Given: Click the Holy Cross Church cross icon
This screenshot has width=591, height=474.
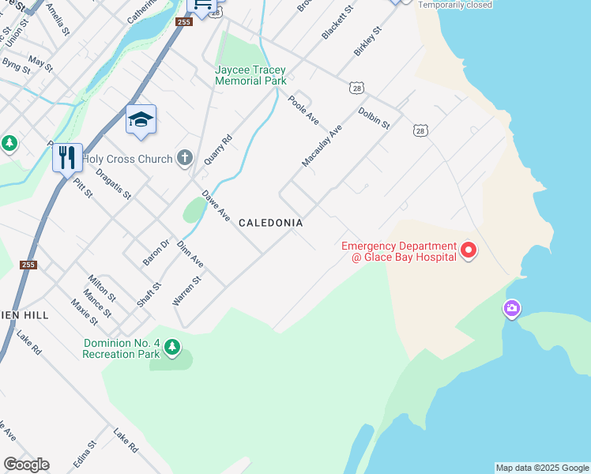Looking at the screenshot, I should pyautogui.click(x=185, y=158).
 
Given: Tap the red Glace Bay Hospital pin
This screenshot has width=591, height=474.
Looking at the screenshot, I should pyautogui.click(x=469, y=251).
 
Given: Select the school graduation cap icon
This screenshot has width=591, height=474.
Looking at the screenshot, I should pyautogui.click(x=141, y=119).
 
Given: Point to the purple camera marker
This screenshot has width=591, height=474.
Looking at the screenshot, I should pyautogui.click(x=512, y=307).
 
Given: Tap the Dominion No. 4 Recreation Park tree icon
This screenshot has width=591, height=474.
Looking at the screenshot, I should pyautogui.click(x=171, y=346).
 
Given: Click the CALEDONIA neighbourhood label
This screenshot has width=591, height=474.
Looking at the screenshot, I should pyautogui.click(x=271, y=224).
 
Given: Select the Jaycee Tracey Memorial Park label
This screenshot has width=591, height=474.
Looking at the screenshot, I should pyautogui.click(x=250, y=75).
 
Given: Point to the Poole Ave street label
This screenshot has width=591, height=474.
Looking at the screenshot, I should pyautogui.click(x=303, y=111).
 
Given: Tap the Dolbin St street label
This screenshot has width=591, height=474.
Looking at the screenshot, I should pyautogui.click(x=374, y=118).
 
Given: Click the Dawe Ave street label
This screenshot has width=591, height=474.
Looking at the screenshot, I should pyautogui.click(x=216, y=205).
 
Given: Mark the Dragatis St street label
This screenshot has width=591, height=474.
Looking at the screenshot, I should pyautogui.click(x=113, y=184).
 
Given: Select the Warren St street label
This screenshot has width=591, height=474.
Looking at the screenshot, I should pyautogui.click(x=187, y=291).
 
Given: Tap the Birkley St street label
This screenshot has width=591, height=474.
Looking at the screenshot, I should pyautogui.click(x=367, y=41).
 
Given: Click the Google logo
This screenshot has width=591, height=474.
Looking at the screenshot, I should pyautogui.click(x=26, y=465).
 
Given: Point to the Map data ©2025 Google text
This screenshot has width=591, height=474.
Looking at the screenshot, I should pyautogui.click(x=542, y=468).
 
